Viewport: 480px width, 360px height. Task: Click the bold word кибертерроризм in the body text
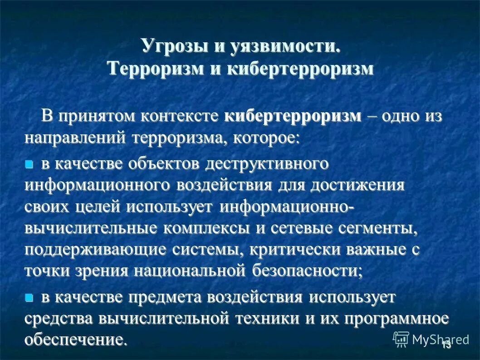[293, 116]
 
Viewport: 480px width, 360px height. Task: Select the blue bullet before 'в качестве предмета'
[29, 298]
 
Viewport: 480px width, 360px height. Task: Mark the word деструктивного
[266, 164]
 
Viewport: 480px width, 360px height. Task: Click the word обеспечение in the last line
[75, 340]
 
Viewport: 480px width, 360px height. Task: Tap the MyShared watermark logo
[431, 339]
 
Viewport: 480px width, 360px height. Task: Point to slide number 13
[446, 345]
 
